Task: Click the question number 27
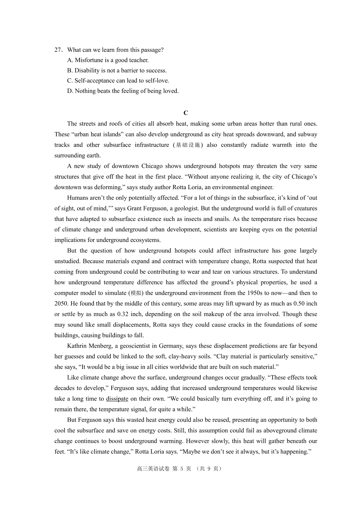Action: (58, 50)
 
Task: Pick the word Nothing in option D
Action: (85, 91)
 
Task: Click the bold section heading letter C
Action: (186, 113)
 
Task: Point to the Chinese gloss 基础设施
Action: (188, 145)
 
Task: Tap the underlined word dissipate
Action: (117, 399)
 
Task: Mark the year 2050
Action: (61, 304)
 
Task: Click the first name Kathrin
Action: (76, 346)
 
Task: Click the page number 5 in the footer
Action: (182, 469)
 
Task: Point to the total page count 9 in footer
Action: (209, 469)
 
